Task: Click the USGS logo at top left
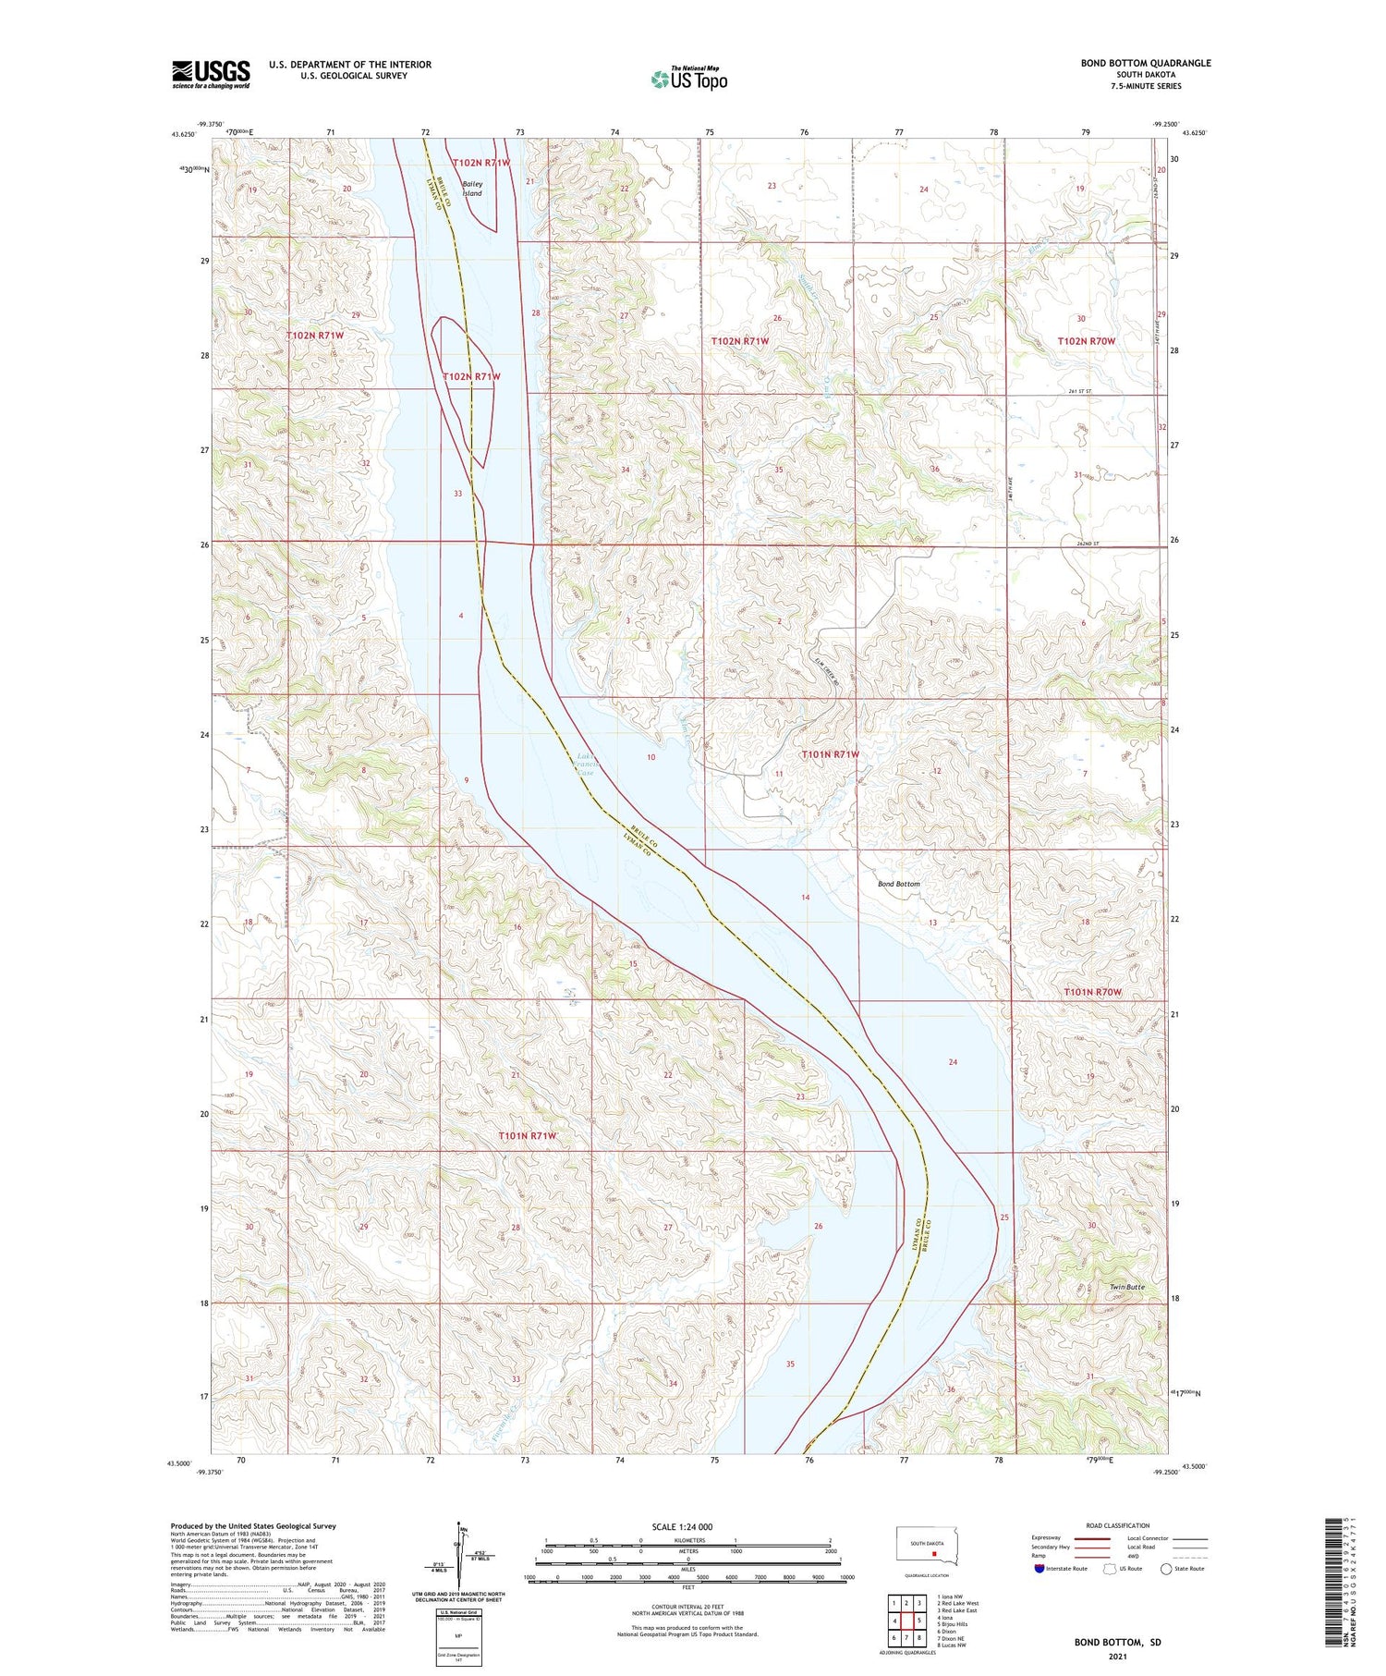211,74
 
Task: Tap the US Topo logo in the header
688,80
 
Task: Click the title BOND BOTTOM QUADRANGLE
1145,63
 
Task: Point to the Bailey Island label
472,189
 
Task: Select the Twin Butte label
1126,1287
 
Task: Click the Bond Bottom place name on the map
898,884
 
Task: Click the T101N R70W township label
1091,992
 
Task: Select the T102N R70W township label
1086,341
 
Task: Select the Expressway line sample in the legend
1091,1538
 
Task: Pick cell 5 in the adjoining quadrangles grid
919,1621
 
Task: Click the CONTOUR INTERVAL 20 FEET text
687,1607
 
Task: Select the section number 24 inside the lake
952,1062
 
